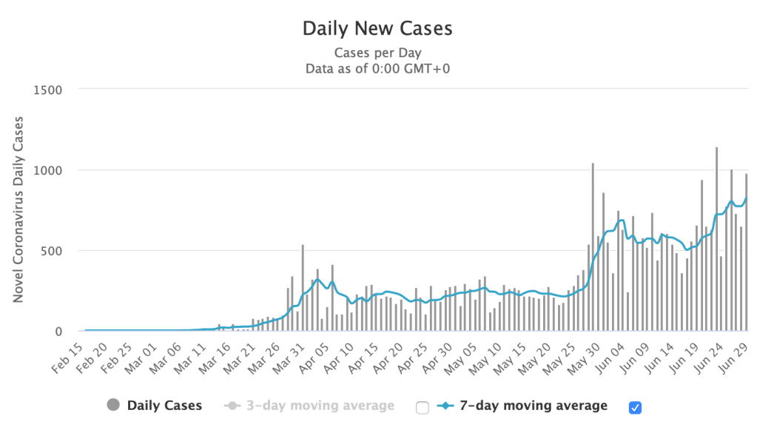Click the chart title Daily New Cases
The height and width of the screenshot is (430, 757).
click(377, 29)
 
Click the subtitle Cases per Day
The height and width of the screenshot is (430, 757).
click(377, 53)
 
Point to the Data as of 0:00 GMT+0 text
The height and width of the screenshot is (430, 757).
click(377, 68)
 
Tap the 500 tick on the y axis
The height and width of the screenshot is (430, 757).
click(54, 251)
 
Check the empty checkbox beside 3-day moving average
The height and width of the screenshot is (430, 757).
click(423, 406)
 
